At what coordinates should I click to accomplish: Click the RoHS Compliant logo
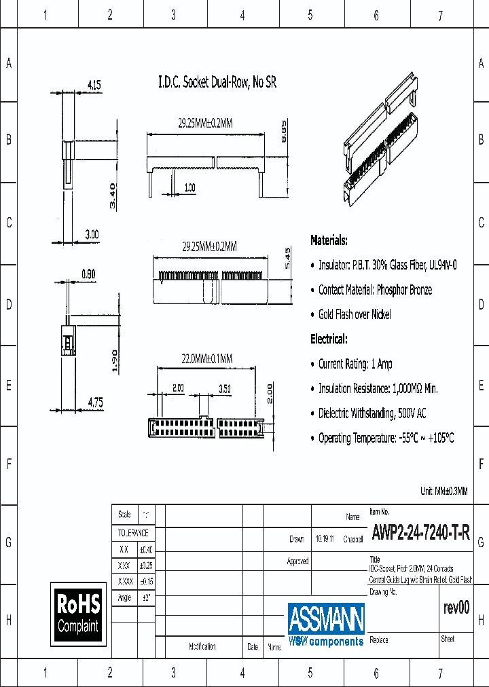click(x=78, y=613)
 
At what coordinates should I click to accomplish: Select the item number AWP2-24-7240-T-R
click(x=420, y=533)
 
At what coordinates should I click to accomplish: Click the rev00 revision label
click(x=455, y=608)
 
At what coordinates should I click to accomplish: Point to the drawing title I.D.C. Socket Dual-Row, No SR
click(x=217, y=83)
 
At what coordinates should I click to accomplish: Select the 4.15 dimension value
click(x=94, y=85)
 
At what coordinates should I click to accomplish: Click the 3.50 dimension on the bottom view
click(x=224, y=389)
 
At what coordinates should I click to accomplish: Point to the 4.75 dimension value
click(x=95, y=403)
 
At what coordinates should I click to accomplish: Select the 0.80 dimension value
click(x=88, y=274)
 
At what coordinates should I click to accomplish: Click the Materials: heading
click(x=329, y=240)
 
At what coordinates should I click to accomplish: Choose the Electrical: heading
click(x=329, y=339)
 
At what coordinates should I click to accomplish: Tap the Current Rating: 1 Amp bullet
click(x=355, y=364)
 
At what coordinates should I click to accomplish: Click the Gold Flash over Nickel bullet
click(x=354, y=314)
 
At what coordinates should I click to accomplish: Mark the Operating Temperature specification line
click(x=385, y=438)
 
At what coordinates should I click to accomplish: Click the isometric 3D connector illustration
click(x=380, y=143)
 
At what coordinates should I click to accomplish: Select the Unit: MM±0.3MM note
click(x=444, y=491)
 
